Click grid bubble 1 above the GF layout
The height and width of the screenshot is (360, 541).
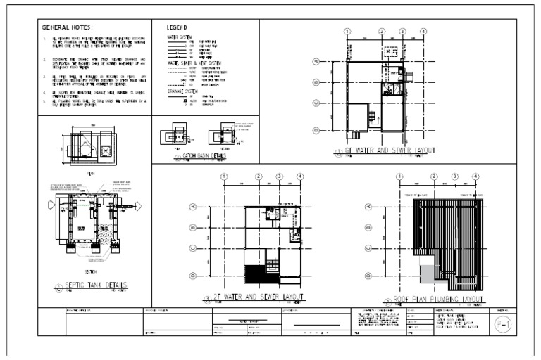pos(347,32)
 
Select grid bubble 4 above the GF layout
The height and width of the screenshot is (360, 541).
pos(423,32)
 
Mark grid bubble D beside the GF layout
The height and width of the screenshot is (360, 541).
pos(316,130)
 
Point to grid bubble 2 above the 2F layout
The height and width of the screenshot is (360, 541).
pos(259,176)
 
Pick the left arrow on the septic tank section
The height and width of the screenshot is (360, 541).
pos(49,206)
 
